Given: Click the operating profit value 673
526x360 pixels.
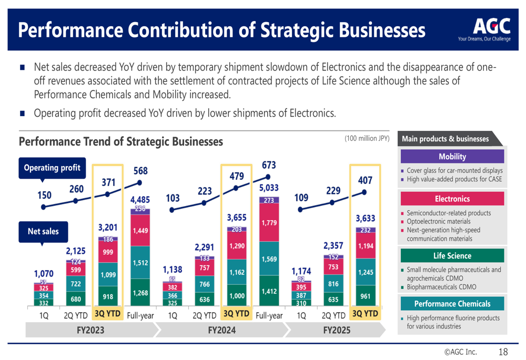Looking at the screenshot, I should click(x=269, y=166).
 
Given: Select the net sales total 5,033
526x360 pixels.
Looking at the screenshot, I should click(x=269, y=187).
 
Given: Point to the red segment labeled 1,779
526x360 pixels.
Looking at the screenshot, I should click(x=269, y=223).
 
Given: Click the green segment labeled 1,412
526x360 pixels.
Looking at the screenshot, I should click(x=269, y=290).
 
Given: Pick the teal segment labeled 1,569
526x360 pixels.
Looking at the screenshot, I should click(x=269, y=259).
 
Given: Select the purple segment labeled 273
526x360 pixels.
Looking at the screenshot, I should click(x=269, y=200).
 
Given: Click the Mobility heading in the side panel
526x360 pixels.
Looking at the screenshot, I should click(x=452, y=157).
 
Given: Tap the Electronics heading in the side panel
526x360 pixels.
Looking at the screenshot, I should click(x=452, y=199).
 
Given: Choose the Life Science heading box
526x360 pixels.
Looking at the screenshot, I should click(x=452, y=256).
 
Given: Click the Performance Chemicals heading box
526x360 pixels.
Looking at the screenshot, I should click(x=452, y=304).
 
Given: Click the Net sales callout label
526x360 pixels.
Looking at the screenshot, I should click(x=43, y=231).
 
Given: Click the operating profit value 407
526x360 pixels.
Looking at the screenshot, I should click(x=365, y=180).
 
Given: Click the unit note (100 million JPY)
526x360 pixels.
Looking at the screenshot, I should click(x=367, y=139).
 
